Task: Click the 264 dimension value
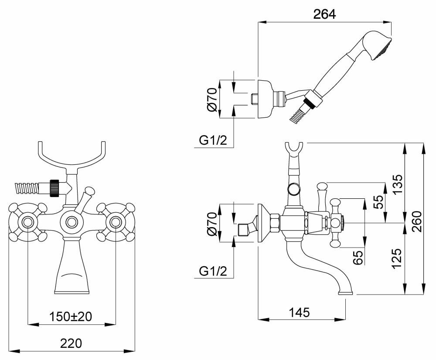[324, 14]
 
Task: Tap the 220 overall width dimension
[72, 343]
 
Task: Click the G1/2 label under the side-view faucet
[213, 272]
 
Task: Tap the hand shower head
[378, 46]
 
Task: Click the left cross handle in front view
[27, 222]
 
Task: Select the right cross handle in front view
[116, 222]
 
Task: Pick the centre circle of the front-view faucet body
[72, 222]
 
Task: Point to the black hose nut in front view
[54, 188]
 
